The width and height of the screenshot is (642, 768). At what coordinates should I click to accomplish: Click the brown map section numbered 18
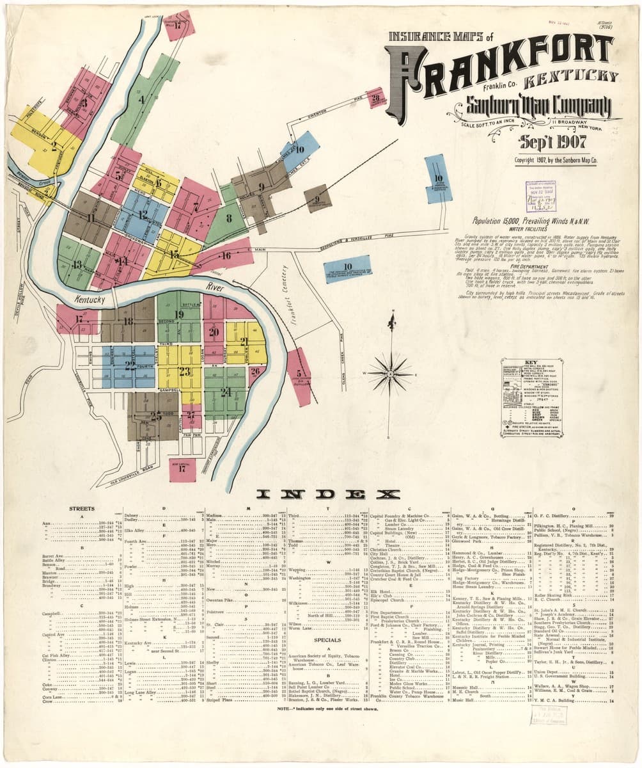[x=129, y=322]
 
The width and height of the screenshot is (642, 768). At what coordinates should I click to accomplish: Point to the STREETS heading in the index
[x=82, y=509]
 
